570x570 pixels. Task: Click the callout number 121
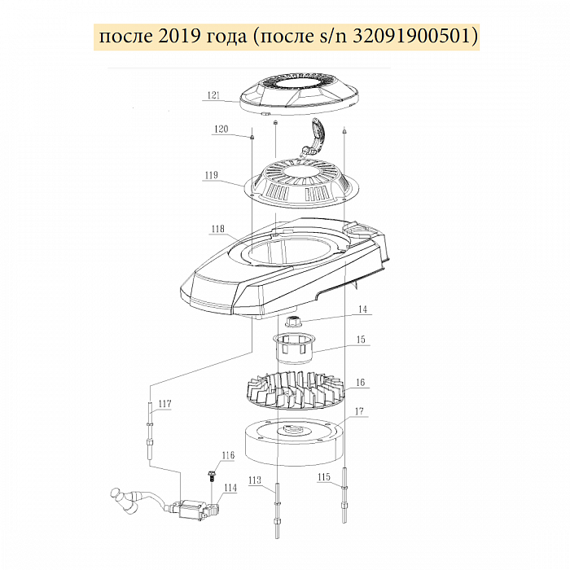[213, 95]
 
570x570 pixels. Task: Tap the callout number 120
[221, 129]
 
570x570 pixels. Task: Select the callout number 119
[211, 175]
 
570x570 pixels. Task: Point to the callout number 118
[217, 229]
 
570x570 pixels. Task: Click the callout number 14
[363, 309]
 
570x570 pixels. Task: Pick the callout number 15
[361, 340]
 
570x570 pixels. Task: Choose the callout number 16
[360, 383]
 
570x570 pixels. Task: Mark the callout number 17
[359, 411]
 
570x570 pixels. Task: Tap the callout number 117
[164, 404]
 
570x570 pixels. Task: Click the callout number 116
[228, 455]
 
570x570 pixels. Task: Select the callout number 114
[230, 488]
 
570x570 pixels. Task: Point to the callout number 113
[255, 480]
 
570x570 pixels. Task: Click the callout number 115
[324, 476]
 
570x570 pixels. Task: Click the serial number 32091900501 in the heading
[412, 37]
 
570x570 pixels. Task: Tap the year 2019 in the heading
[179, 37]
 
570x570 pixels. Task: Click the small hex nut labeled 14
[292, 322]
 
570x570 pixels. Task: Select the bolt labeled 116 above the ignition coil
[211, 476]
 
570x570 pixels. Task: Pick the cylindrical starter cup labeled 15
[294, 348]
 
